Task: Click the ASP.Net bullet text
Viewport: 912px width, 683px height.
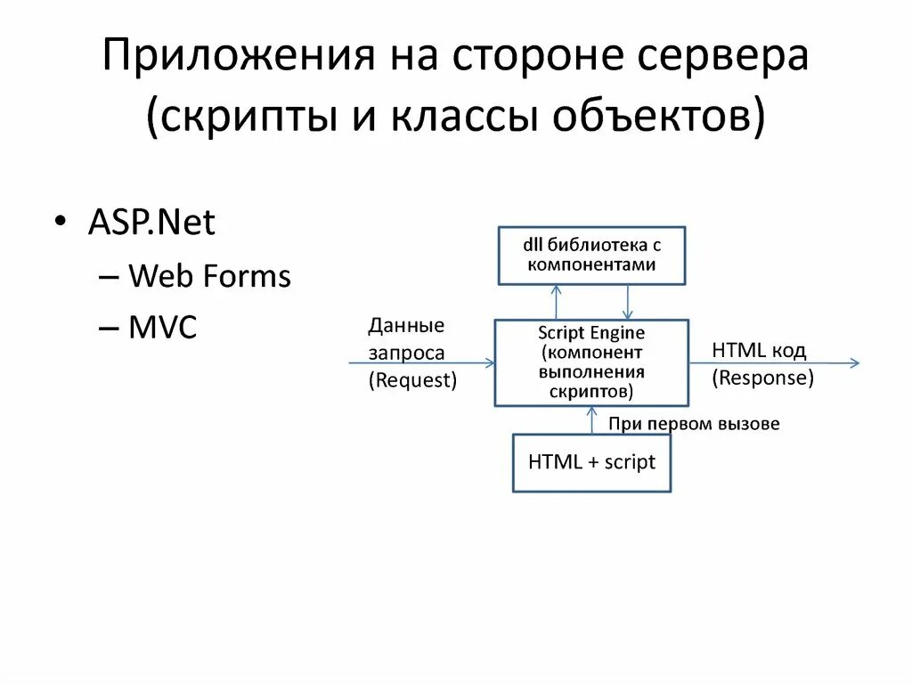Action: [151, 223]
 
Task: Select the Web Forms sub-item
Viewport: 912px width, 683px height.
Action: [209, 276]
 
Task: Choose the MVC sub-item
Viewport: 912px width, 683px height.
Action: [162, 328]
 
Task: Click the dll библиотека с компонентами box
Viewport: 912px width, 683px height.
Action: [591, 255]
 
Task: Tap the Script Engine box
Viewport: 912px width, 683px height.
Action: [591, 362]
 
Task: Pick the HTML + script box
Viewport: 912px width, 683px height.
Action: [591, 462]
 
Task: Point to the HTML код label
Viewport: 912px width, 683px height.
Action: [759, 351]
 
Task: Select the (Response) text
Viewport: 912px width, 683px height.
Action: [762, 378]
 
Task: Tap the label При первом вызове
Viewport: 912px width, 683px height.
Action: [694, 424]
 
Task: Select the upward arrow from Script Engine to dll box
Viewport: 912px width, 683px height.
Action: [556, 302]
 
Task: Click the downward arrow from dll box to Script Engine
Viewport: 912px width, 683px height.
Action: [628, 302]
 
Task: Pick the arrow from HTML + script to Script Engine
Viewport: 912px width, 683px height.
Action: [591, 420]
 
